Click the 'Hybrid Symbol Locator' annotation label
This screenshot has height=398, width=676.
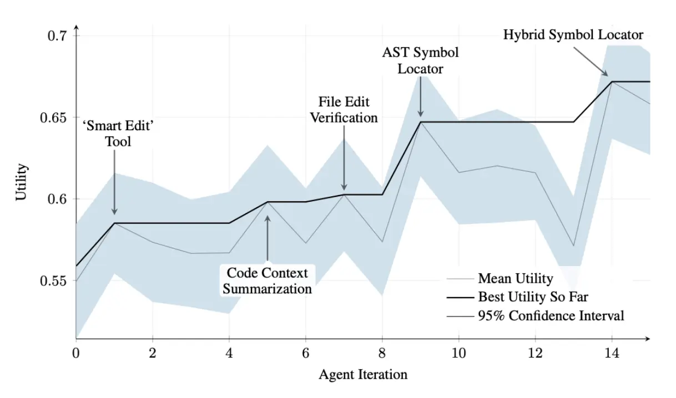(x=573, y=35)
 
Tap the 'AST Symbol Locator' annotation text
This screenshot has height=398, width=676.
(x=420, y=60)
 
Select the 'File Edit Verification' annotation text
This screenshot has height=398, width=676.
(x=344, y=110)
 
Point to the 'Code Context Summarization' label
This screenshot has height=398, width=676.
(x=268, y=280)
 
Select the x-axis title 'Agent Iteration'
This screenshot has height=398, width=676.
(x=363, y=375)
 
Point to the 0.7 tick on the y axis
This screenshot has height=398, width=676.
(x=57, y=36)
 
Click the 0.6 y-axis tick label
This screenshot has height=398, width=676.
(x=57, y=199)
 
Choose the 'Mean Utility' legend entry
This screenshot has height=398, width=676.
(x=515, y=278)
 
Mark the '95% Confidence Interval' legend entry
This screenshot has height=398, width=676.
(x=551, y=315)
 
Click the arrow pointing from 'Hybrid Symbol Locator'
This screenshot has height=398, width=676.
(x=591, y=60)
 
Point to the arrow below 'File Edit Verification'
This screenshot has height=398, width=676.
(x=344, y=158)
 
